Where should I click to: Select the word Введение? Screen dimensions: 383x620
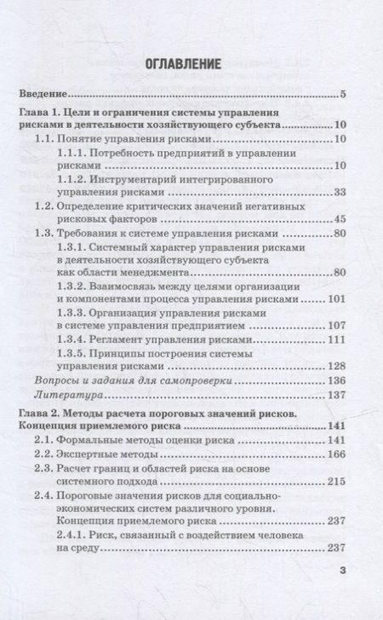[x=43, y=94]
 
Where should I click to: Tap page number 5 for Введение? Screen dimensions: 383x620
[x=340, y=94]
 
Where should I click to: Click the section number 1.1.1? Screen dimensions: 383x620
[x=75, y=153]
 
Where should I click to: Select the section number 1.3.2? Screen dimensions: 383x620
[x=75, y=287]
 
